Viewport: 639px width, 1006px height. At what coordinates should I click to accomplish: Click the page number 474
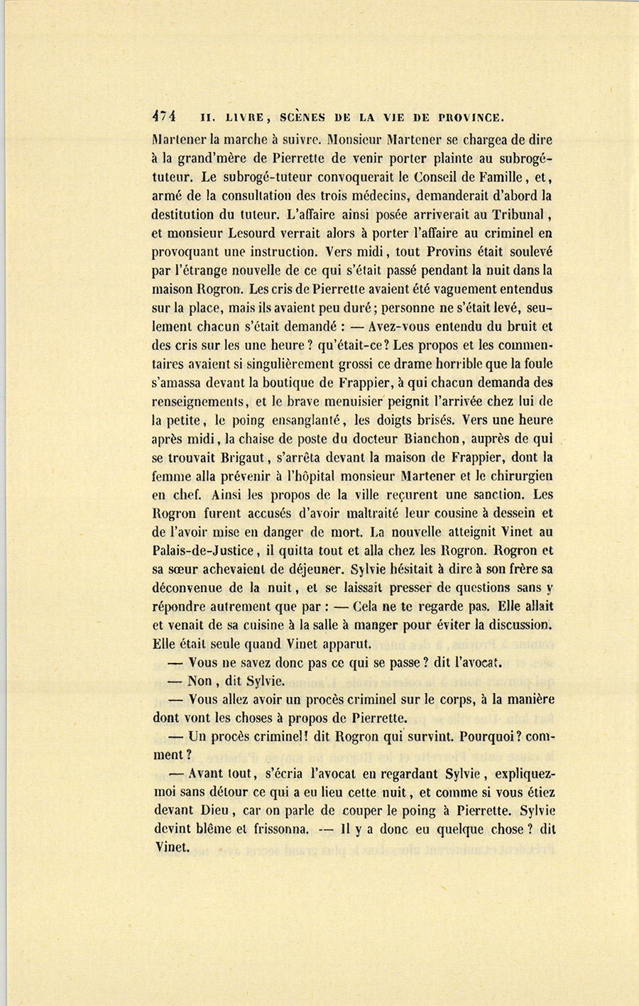coord(164,116)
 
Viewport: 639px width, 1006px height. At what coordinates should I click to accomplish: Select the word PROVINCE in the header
coord(471,117)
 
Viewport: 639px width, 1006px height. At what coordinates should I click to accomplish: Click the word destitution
coord(182,214)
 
